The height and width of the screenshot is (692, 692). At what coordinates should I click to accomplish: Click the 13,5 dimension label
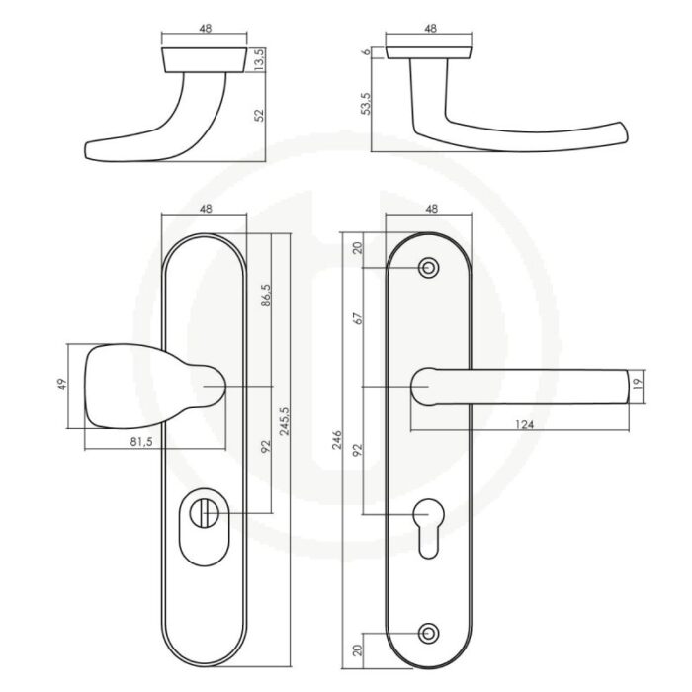coord(259,60)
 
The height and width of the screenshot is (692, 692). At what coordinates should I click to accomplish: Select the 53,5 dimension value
coord(366,104)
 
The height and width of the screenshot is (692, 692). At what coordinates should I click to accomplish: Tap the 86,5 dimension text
coord(266,296)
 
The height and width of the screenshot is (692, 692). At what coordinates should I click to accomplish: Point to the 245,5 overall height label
coord(285,421)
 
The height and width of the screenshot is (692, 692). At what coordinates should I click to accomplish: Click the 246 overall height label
coord(337,439)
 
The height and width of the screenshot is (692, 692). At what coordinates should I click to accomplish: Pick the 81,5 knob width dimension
coord(141,442)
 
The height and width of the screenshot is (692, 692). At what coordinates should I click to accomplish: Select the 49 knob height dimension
coord(62,384)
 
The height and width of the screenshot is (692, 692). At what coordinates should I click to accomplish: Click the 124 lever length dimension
coord(524,424)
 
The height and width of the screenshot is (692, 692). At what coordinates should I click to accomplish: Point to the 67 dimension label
coord(358,318)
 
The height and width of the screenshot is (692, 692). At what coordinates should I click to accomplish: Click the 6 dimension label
coord(366,52)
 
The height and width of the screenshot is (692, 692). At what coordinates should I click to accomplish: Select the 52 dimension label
coord(259,116)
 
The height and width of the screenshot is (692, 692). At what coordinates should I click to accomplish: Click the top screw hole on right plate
coord(428,268)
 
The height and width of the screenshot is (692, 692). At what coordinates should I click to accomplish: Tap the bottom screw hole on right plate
coord(428,634)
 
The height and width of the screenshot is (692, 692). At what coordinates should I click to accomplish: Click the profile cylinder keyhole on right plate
coord(428,527)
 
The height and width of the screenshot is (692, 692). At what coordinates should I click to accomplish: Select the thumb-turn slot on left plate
coord(204,513)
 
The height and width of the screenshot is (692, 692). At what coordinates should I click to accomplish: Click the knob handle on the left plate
coord(154,387)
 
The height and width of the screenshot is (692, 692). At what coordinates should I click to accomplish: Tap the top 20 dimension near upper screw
coord(358,248)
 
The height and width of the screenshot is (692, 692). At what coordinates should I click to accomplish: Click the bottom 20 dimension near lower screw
coord(358,649)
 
